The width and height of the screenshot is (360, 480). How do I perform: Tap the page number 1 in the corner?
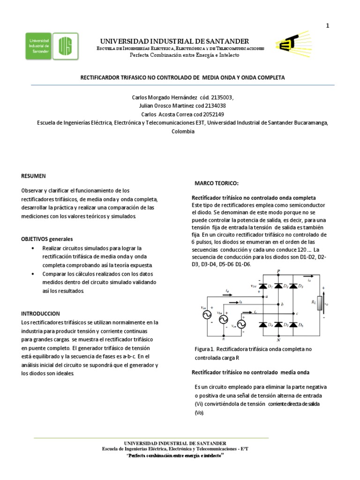(x=328, y=26)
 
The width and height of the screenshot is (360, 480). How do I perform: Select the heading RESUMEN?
(x=34, y=176)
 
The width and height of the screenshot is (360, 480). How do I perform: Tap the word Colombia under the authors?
(x=183, y=131)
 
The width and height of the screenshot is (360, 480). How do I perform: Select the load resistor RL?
(x=320, y=303)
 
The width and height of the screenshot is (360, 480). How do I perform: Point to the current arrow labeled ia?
(x=227, y=292)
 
